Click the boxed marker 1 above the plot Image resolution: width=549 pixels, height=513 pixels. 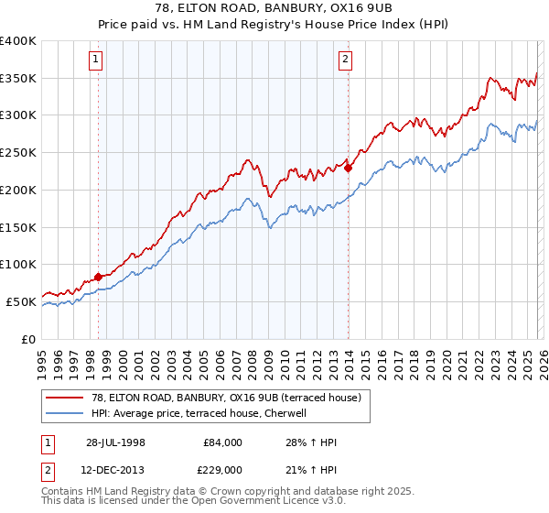[x=96, y=60]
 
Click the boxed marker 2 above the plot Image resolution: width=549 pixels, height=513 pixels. [x=345, y=60]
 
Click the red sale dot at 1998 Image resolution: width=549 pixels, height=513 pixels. [x=99, y=277]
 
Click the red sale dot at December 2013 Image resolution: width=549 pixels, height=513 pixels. [x=348, y=168]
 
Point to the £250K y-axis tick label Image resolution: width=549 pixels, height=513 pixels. [x=18, y=152]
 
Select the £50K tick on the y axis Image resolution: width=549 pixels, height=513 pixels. [x=21, y=301]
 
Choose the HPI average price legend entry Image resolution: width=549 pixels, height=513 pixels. [x=202, y=413]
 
